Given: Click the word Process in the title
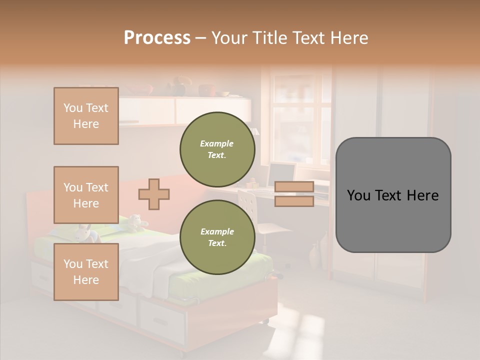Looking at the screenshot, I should click(x=157, y=38).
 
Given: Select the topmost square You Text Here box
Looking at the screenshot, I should click(x=86, y=116).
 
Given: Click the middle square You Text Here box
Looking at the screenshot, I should click(x=86, y=195).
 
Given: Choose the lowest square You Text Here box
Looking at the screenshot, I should click(x=86, y=272).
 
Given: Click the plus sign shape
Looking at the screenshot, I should click(x=154, y=194).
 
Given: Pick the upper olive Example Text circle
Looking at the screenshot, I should click(x=217, y=149).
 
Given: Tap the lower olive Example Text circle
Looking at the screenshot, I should click(x=217, y=237).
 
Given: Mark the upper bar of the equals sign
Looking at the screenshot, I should click(x=294, y=187).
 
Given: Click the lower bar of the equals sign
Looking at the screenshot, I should click(x=294, y=201).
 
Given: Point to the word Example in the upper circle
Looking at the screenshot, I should click(x=217, y=143).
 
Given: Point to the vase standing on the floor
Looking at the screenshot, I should click(x=313, y=257).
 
